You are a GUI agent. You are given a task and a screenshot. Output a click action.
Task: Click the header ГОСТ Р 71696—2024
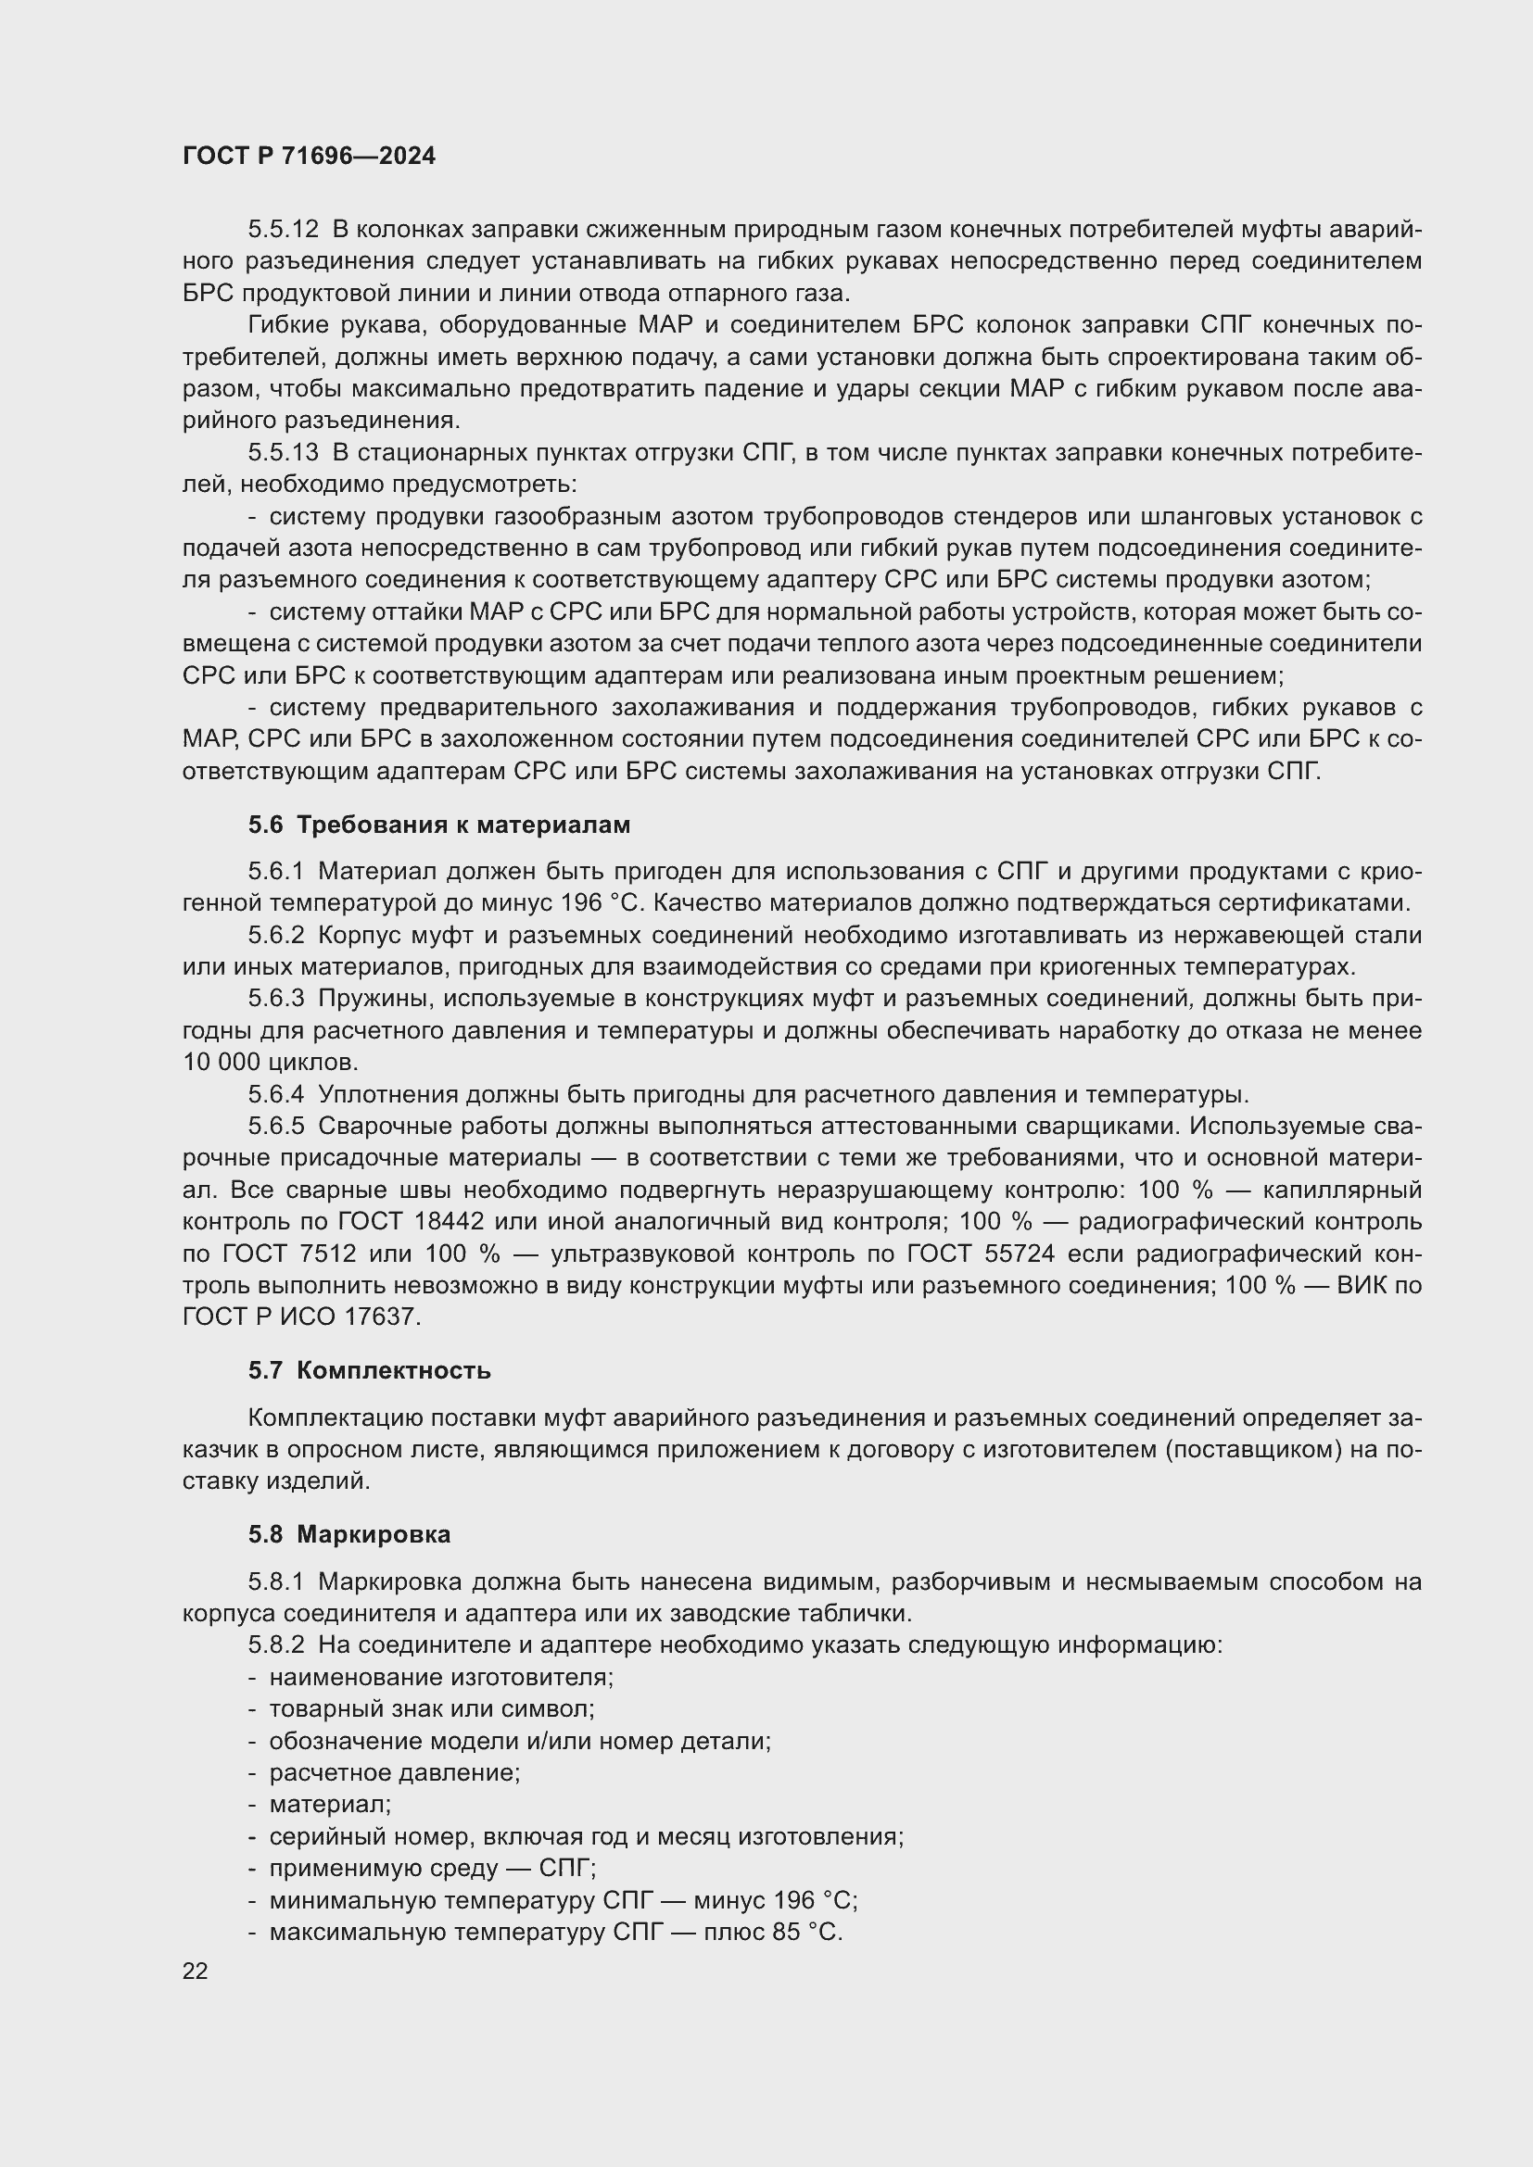point(309,157)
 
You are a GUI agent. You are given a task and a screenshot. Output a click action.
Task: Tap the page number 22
point(195,1971)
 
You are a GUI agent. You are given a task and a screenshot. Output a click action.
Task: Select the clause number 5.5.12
point(284,230)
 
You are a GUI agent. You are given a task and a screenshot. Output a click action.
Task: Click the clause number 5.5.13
point(284,453)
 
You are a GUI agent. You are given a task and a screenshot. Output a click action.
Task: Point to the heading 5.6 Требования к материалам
point(439,825)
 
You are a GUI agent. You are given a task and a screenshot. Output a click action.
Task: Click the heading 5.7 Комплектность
point(369,1370)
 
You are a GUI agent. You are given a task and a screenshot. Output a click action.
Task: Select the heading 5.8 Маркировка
point(349,1534)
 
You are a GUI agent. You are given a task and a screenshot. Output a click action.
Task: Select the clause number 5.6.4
point(275,1095)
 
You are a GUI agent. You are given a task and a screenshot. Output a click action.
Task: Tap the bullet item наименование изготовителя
point(441,1677)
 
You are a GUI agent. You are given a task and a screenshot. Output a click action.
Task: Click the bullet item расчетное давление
point(395,1772)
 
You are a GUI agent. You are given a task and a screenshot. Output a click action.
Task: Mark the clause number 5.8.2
point(275,1645)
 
